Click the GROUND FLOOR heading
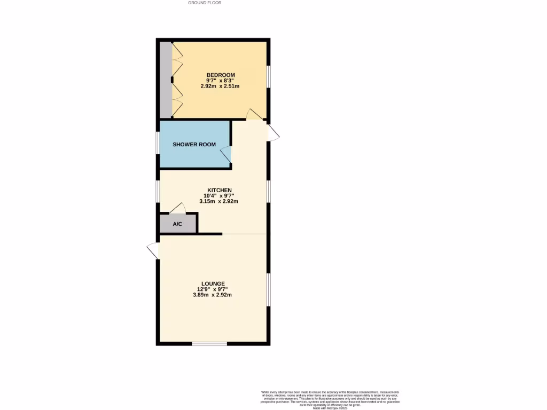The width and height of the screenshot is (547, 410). tap(205, 3)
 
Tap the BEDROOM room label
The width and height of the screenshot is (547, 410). tap(221, 75)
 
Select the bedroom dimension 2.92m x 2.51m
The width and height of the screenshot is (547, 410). tap(221, 86)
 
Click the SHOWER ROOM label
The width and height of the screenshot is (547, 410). tap(194, 144)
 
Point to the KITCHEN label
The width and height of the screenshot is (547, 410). tap(219, 190)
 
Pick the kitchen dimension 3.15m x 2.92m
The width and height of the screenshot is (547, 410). tap(218, 201)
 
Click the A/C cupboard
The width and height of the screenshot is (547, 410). tap(178, 224)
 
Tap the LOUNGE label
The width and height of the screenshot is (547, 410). tap(213, 283)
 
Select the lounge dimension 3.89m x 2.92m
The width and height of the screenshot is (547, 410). tap(212, 295)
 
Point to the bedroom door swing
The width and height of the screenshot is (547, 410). tap(254, 113)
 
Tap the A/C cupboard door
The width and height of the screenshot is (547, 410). tap(177, 208)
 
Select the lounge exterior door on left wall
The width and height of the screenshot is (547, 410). tap(153, 250)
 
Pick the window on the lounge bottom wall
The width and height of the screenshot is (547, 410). tap(209, 343)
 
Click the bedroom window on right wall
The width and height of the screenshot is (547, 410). tap(268, 75)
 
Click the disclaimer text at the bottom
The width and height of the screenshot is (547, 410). tap(330, 400)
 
